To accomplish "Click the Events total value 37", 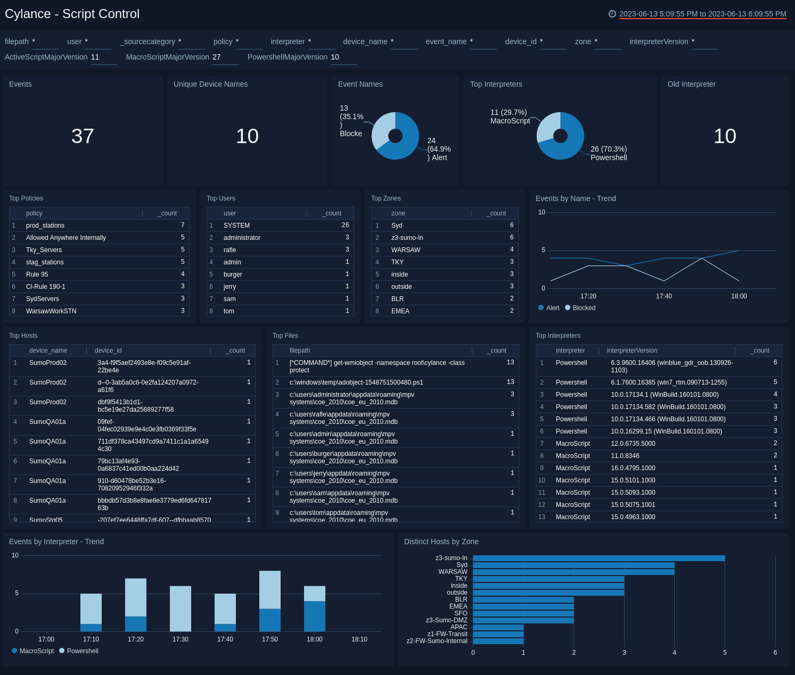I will [x=83, y=136].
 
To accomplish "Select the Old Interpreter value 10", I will [x=725, y=136].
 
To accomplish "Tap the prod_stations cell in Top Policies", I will [x=45, y=226].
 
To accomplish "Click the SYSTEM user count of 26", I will [x=345, y=226].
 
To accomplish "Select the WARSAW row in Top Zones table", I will [x=406, y=250].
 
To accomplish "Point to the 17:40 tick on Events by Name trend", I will [x=663, y=296].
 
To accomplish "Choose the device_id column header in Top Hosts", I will [x=108, y=351].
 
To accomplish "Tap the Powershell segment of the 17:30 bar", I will [x=181, y=609].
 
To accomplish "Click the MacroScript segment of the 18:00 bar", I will [x=315, y=616].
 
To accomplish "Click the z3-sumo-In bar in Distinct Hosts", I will [x=599, y=558].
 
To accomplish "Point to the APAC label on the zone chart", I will [x=458, y=627].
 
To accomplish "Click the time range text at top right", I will [x=702, y=14].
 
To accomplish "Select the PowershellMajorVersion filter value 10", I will [x=335, y=57].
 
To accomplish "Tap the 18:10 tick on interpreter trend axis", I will [x=359, y=639].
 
